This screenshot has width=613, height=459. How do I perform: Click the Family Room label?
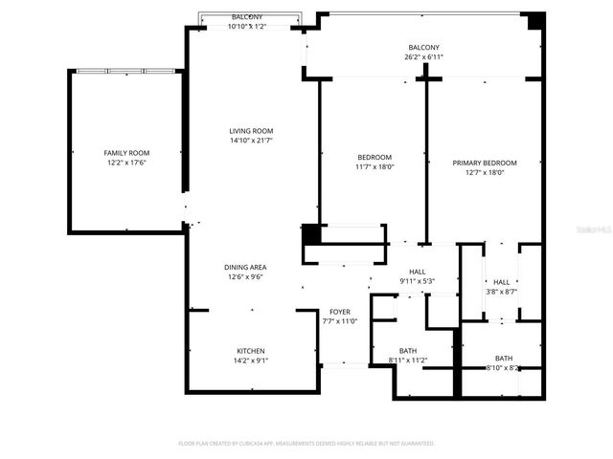126,153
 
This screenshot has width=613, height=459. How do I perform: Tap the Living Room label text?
251,131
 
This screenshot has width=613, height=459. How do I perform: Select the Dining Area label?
245,267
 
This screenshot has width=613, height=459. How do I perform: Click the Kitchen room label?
251,351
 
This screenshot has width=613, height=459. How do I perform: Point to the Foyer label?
340,312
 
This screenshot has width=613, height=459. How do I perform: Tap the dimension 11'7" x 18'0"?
375,167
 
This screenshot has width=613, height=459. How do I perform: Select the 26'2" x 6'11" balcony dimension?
423,57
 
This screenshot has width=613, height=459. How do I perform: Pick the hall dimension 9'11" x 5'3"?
417,281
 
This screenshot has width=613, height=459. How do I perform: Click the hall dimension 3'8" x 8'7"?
501,292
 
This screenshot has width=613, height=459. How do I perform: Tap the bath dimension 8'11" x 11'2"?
408,361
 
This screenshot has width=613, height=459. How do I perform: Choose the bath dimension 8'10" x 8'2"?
503,367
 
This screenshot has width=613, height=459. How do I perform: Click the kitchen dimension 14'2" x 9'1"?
251,361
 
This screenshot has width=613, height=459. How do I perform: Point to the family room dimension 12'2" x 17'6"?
126,163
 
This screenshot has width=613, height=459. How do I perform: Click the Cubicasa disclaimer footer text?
306,444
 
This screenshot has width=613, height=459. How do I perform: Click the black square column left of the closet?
311,233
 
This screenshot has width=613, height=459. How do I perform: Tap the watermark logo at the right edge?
596,230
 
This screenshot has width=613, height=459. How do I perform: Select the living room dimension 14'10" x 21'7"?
251,141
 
